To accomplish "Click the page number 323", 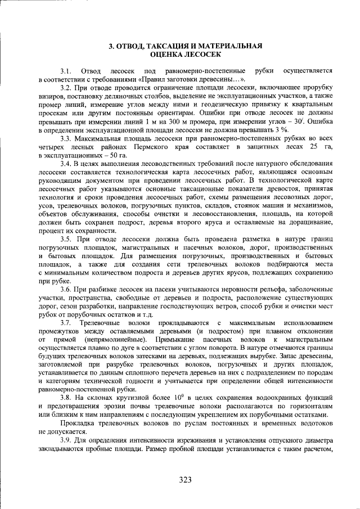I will pos(186,480).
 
